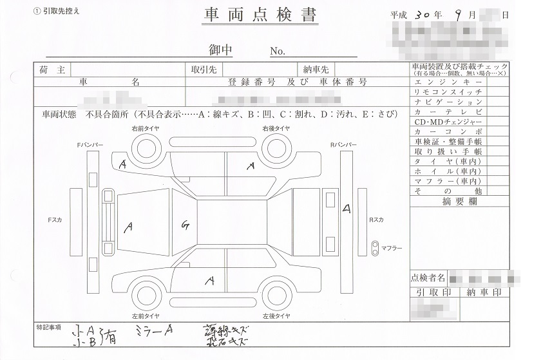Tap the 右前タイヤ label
146,129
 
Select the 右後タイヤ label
276,129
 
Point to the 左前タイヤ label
146,316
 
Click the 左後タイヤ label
276,316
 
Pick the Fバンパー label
89,146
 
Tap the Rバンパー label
343,146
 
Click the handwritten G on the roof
186,225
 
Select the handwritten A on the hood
129,226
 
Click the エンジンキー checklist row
448,83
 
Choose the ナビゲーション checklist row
448,102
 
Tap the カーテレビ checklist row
448,112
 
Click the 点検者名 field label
428,278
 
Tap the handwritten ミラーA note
155,330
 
